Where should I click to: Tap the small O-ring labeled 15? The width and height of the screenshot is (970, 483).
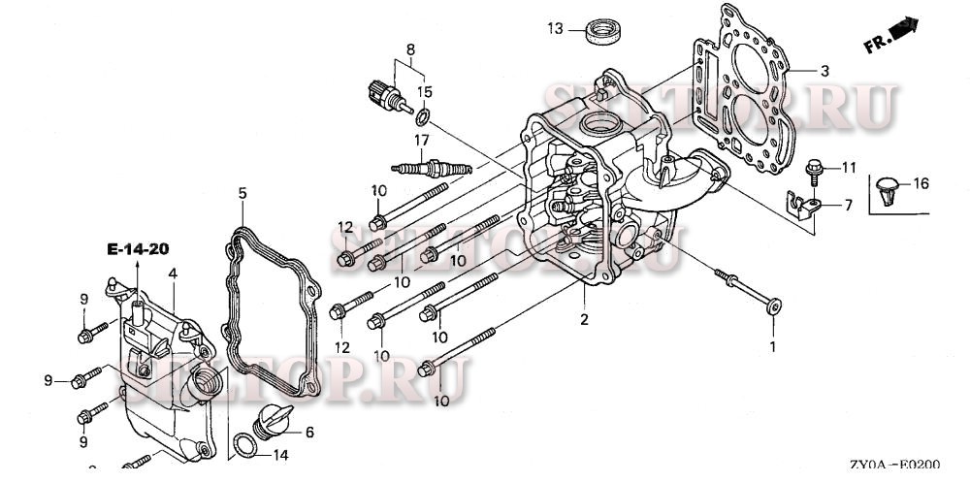422,118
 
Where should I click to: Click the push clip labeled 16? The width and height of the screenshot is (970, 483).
889,190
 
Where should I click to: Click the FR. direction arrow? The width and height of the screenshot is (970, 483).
903,29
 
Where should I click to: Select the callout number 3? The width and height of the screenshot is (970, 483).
824,71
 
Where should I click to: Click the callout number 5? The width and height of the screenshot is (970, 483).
242,194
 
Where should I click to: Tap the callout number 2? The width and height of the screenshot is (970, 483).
584,319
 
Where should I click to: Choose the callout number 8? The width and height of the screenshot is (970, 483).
410,49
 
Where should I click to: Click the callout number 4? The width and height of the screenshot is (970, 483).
173,274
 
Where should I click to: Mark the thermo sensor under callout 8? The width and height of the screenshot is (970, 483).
380,94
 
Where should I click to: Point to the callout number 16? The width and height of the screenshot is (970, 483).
921,183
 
